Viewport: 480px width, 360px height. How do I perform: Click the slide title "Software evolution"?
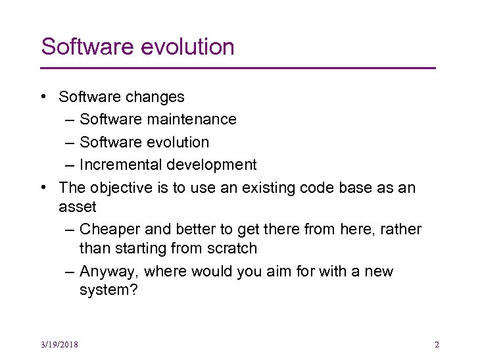(137, 47)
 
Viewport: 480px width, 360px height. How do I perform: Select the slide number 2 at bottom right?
(437, 344)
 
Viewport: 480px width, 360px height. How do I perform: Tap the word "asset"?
(77, 207)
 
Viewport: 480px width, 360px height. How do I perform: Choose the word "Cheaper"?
(109, 229)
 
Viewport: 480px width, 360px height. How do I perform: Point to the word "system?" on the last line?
(108, 290)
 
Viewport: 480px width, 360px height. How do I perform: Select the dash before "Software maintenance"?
(70, 120)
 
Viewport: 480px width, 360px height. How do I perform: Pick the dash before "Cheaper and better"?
(70, 230)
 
